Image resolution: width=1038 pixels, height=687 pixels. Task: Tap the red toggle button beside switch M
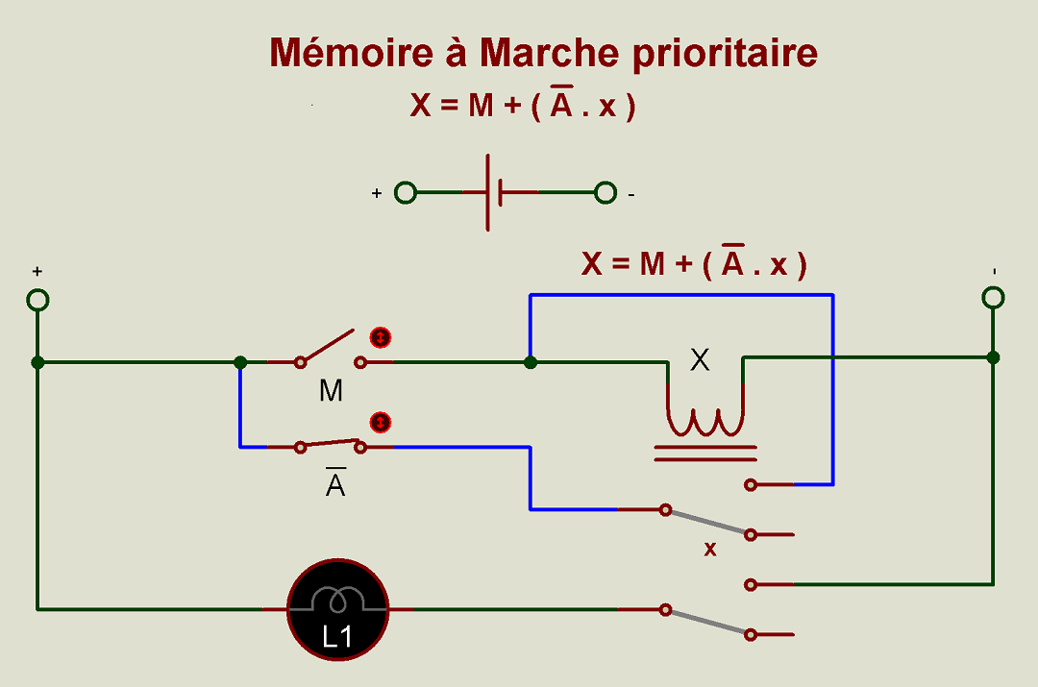382,338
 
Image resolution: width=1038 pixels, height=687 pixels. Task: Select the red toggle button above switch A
382,422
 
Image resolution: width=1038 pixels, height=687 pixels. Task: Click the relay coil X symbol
705,419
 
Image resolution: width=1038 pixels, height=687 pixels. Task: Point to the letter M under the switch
331,391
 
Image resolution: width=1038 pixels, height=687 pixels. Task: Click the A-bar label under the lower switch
334,485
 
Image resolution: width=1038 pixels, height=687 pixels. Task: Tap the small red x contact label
710,550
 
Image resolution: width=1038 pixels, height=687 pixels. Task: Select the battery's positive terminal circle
407,193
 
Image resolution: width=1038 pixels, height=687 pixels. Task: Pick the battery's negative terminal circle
605,193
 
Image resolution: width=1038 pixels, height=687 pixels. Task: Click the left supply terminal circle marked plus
37,300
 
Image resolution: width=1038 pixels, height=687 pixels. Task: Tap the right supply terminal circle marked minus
994,297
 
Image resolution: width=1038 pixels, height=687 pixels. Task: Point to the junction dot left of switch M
240,362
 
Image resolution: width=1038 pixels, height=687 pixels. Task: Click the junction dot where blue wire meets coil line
530,362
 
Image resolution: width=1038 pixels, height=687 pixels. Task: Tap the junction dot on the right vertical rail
994,357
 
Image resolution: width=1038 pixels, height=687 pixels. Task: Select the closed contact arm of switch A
331,445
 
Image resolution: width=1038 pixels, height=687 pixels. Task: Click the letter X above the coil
701,360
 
